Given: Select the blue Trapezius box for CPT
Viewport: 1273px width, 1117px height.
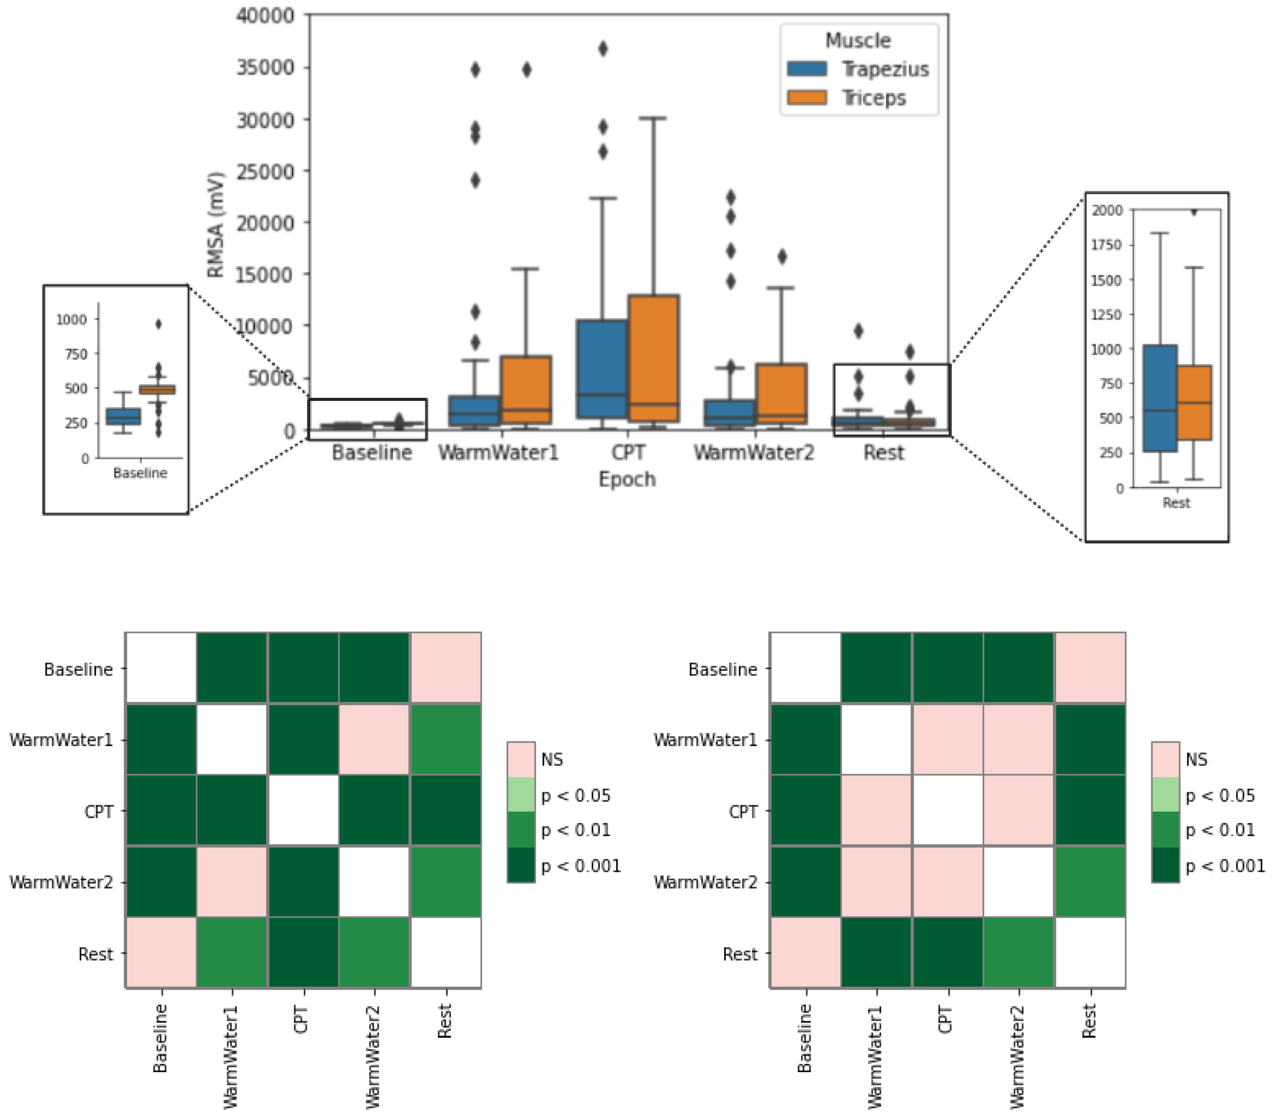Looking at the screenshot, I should [x=602, y=368].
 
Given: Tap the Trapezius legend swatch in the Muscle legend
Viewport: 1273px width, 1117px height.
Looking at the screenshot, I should [x=807, y=69].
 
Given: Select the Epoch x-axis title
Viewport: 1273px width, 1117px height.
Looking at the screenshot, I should [x=627, y=479].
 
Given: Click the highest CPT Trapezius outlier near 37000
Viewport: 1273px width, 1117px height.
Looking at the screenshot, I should [x=603, y=49].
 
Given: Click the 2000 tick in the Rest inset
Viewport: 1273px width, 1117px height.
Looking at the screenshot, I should [x=1107, y=210].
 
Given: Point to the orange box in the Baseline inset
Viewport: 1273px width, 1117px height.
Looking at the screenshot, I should [x=157, y=390].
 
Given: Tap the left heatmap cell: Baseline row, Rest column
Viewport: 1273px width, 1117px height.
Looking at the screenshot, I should [x=445, y=668].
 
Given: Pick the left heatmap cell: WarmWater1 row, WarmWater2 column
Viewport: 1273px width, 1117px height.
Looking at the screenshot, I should [x=374, y=739].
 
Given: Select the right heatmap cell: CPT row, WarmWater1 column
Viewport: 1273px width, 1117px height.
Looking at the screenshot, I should [x=877, y=810].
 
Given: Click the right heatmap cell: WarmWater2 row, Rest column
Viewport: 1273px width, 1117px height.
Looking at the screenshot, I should [x=1090, y=881].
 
